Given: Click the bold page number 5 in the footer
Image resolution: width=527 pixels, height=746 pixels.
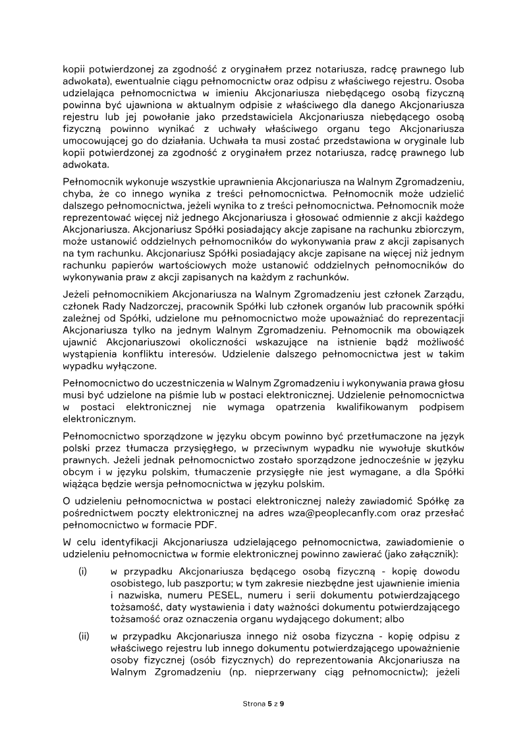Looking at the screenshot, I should click(x=269, y=704).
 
